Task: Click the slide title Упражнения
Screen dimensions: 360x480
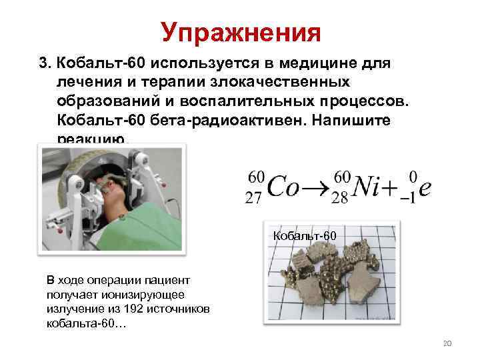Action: pyautogui.click(x=241, y=32)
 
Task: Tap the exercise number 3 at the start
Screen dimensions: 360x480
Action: pyautogui.click(x=44, y=64)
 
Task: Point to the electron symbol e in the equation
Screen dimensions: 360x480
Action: pyautogui.click(x=425, y=189)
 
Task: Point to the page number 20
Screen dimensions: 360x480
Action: pyautogui.click(x=447, y=343)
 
